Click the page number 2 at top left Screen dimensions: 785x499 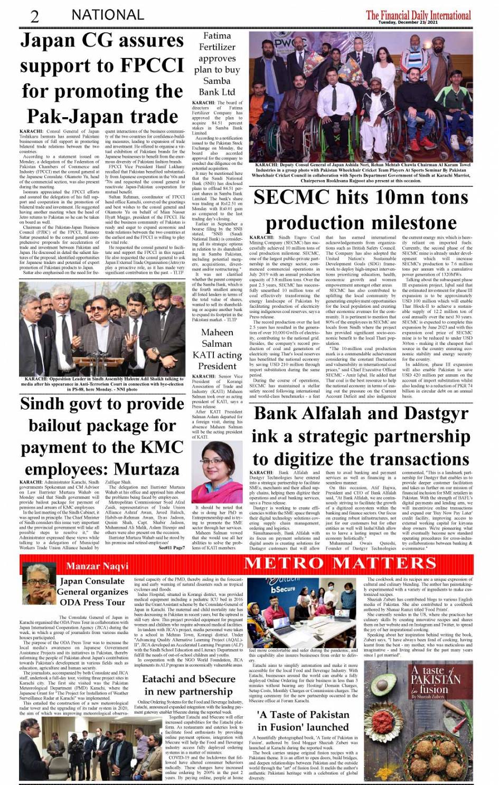coord(35,16)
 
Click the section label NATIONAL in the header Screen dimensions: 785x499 coord(107,15)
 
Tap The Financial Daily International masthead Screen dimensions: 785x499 coord(419,14)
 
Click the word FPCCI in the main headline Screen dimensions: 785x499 coord(146,65)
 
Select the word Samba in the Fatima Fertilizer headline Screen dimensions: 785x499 coord(217,81)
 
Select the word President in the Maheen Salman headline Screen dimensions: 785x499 coord(217,366)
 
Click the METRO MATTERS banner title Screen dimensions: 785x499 coord(340,563)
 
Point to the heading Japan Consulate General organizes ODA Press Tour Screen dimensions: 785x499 coord(92,592)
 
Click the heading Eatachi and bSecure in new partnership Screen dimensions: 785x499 coord(189,685)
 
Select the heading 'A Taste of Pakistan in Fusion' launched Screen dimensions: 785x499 coord(303,721)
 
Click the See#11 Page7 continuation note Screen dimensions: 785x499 coord(172,548)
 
